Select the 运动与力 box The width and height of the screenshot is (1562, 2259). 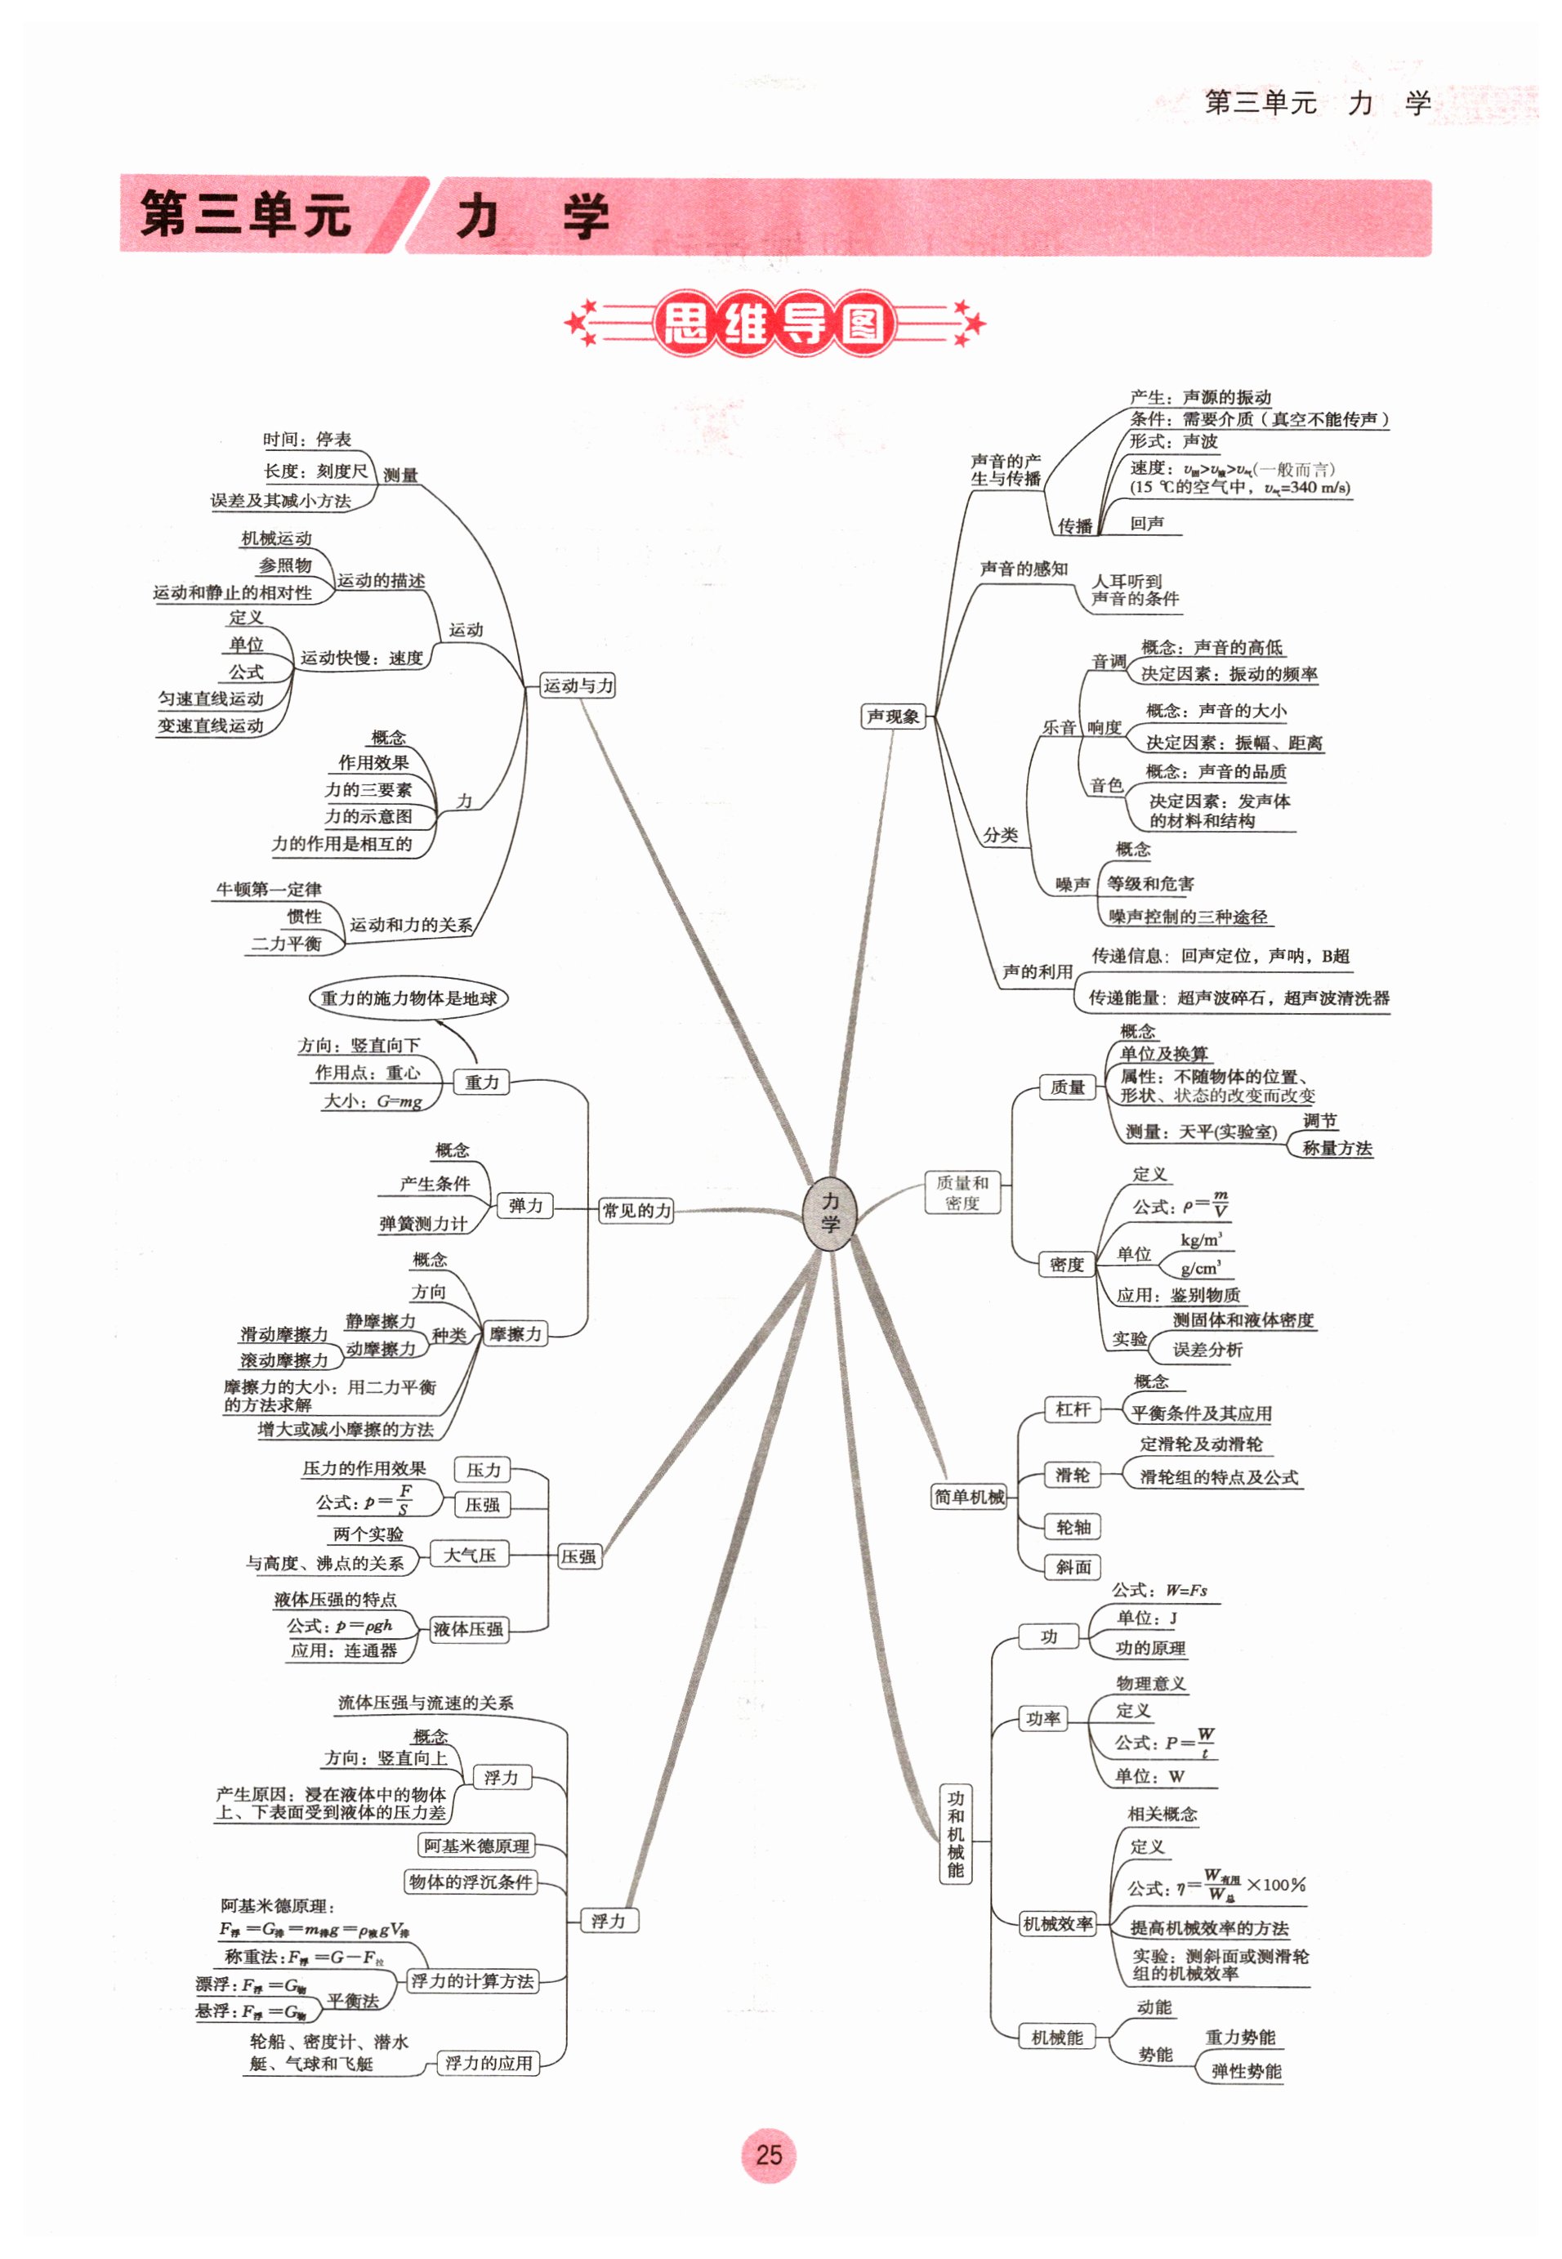578,685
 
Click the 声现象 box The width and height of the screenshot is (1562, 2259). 893,717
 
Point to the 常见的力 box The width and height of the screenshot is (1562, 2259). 637,1211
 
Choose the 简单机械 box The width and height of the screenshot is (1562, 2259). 969,1497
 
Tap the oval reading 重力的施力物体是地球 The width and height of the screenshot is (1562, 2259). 409,998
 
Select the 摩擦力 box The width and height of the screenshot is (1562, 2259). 515,1334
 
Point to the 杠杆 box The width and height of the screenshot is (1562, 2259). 1073,1409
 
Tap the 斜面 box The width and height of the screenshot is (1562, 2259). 1073,1567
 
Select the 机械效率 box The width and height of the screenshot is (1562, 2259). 1057,1923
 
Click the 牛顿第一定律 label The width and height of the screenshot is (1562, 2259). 268,889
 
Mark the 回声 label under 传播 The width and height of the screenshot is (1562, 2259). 1147,524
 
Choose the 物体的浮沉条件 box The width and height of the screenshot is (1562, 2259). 471,1882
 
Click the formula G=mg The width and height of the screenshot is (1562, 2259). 399,1101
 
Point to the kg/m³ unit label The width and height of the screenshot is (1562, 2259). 1201,1239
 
